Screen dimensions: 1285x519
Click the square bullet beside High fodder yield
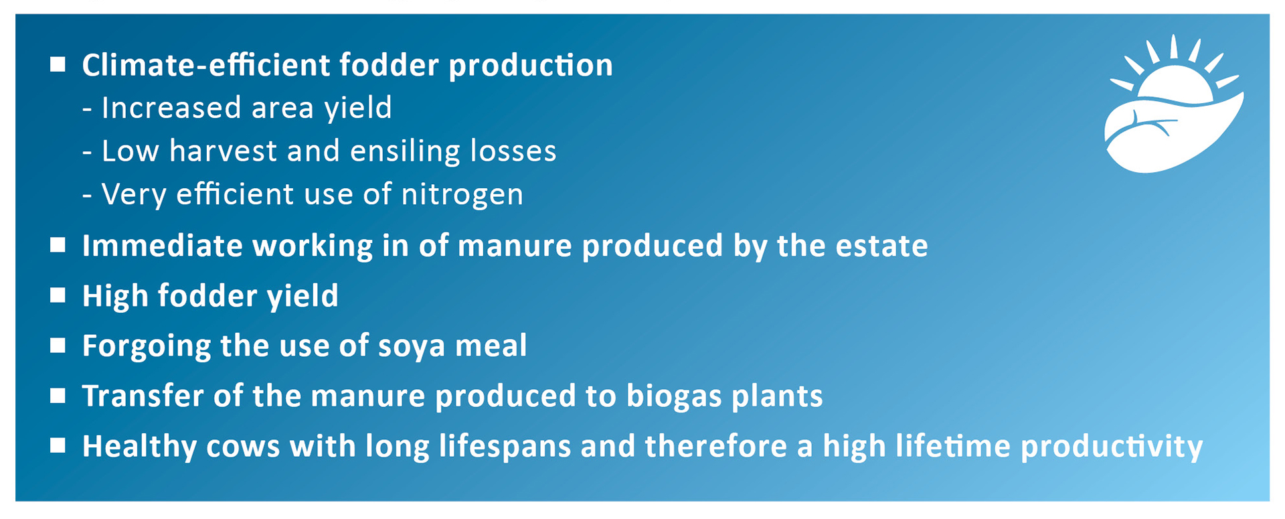tap(58, 295)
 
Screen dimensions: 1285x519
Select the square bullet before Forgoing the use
tap(58, 345)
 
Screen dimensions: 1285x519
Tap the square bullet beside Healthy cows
tap(58, 445)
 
